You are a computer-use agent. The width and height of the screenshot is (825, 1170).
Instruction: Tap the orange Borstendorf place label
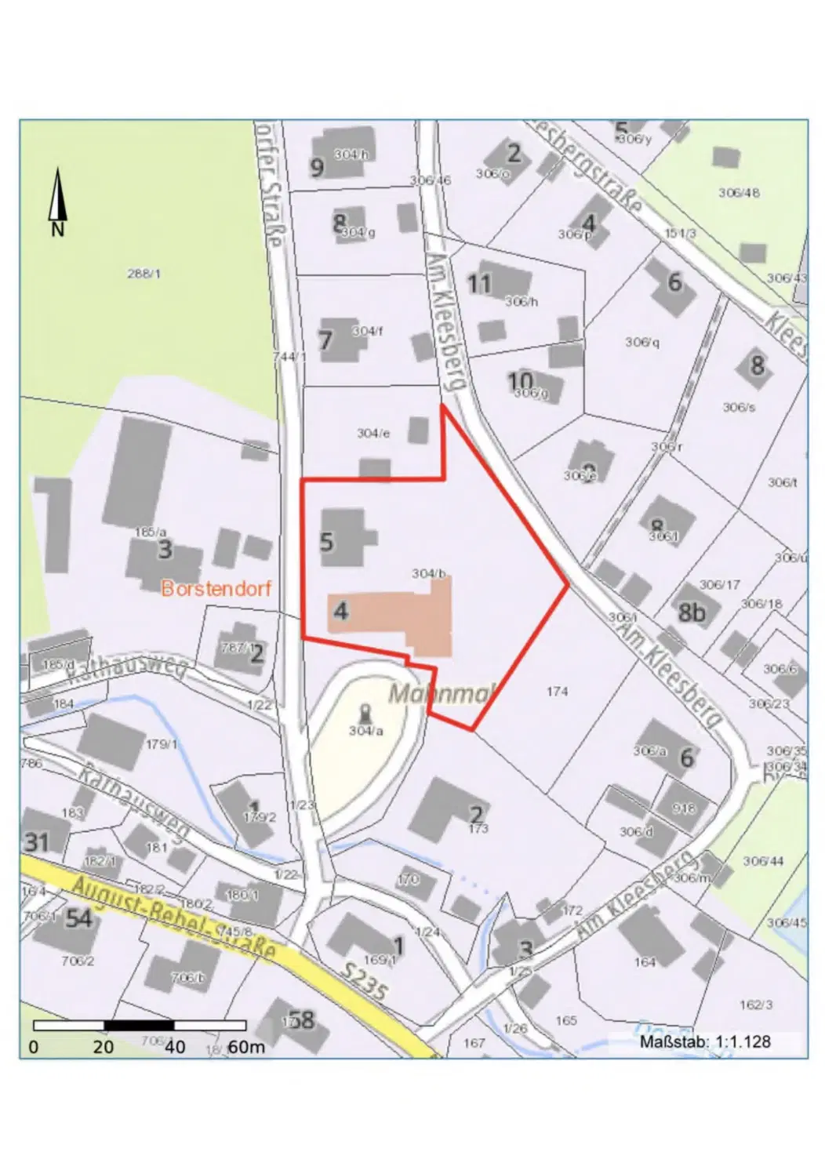[216, 588]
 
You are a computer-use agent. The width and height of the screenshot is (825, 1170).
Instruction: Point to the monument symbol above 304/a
[365, 714]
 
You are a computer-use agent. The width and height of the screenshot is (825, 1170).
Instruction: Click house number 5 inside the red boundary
[327, 541]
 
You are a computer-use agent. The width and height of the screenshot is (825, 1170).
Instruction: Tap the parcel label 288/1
[144, 274]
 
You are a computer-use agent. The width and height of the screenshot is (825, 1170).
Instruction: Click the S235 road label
[365, 980]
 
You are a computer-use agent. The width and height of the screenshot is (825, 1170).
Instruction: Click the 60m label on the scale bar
[246, 1047]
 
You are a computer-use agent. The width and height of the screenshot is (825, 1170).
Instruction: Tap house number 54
[78, 918]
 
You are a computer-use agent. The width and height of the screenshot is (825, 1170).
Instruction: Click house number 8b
[691, 612]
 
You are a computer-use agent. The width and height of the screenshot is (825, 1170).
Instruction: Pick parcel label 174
[557, 691]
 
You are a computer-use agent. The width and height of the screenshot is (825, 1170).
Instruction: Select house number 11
[479, 283]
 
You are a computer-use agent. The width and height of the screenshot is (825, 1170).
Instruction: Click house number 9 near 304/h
[317, 168]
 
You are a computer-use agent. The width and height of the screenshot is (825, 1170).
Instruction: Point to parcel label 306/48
[739, 192]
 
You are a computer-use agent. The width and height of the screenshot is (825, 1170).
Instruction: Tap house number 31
[37, 842]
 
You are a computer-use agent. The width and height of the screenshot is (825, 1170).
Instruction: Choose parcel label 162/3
[756, 1005]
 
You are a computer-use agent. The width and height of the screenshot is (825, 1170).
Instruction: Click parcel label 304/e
[373, 433]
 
